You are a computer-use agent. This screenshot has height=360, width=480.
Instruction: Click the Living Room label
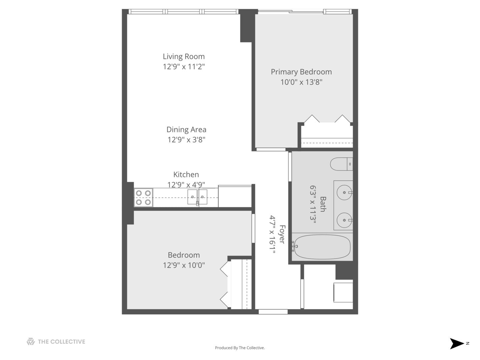184,57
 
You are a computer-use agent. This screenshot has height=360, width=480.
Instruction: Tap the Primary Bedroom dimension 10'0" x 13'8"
301,82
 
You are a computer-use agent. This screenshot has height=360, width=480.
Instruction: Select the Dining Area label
186,130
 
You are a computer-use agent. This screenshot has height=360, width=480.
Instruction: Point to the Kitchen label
186,175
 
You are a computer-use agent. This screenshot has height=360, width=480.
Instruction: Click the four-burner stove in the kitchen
143,197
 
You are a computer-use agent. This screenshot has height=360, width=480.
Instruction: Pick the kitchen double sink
197,197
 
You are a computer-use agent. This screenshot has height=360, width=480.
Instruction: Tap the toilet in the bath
341,164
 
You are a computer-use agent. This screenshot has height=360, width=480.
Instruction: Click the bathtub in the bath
322,247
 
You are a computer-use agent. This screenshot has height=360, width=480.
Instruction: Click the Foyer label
282,234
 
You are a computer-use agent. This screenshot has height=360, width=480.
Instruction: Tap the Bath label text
323,204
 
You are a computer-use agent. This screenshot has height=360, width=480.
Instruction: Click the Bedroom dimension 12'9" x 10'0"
184,265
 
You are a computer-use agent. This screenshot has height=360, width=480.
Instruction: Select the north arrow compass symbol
457,343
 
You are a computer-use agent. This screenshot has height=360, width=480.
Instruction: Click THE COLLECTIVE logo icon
31,342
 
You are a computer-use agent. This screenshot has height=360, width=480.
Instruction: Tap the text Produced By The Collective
240,348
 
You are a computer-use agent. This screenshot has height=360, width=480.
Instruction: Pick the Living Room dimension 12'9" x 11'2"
184,67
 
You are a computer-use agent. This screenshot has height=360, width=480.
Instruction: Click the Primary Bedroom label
301,72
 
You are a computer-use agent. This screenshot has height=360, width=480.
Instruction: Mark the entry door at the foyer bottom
273,312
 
